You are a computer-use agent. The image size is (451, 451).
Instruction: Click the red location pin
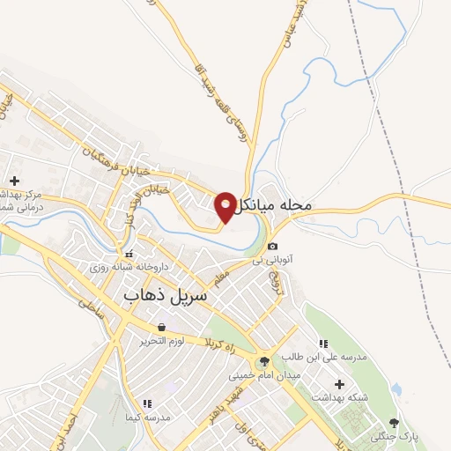pyautogui.click(x=225, y=206)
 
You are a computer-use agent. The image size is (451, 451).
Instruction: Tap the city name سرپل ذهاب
pyautogui.click(x=166, y=296)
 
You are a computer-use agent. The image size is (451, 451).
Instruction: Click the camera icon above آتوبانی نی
pyautogui.click(x=273, y=246)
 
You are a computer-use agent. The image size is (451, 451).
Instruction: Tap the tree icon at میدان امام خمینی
pyautogui.click(x=264, y=361)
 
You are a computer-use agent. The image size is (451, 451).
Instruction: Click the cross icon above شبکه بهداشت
pyautogui.click(x=339, y=383)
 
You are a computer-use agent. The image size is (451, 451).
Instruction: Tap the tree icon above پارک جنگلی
pyautogui.click(x=394, y=423)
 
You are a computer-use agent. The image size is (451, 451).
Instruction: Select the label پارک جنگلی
pyautogui.click(x=393, y=436)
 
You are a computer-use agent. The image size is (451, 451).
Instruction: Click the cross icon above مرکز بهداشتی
pyautogui.click(x=14, y=181)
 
